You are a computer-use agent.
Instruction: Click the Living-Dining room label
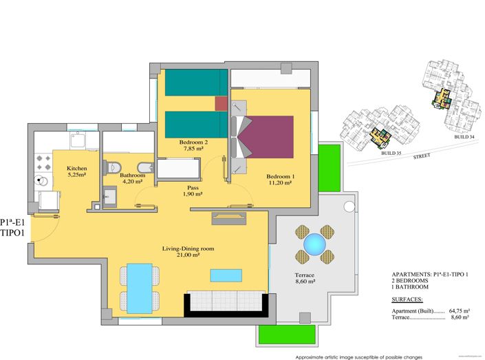[x=188, y=251]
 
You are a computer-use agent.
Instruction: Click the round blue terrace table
[x=314, y=243]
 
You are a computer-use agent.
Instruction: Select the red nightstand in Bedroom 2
[x=221, y=103]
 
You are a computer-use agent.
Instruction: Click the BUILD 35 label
[x=392, y=153]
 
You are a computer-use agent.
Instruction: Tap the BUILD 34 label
[x=464, y=137]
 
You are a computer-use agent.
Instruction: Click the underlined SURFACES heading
[x=408, y=300]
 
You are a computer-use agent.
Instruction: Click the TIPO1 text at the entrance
[x=14, y=233]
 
